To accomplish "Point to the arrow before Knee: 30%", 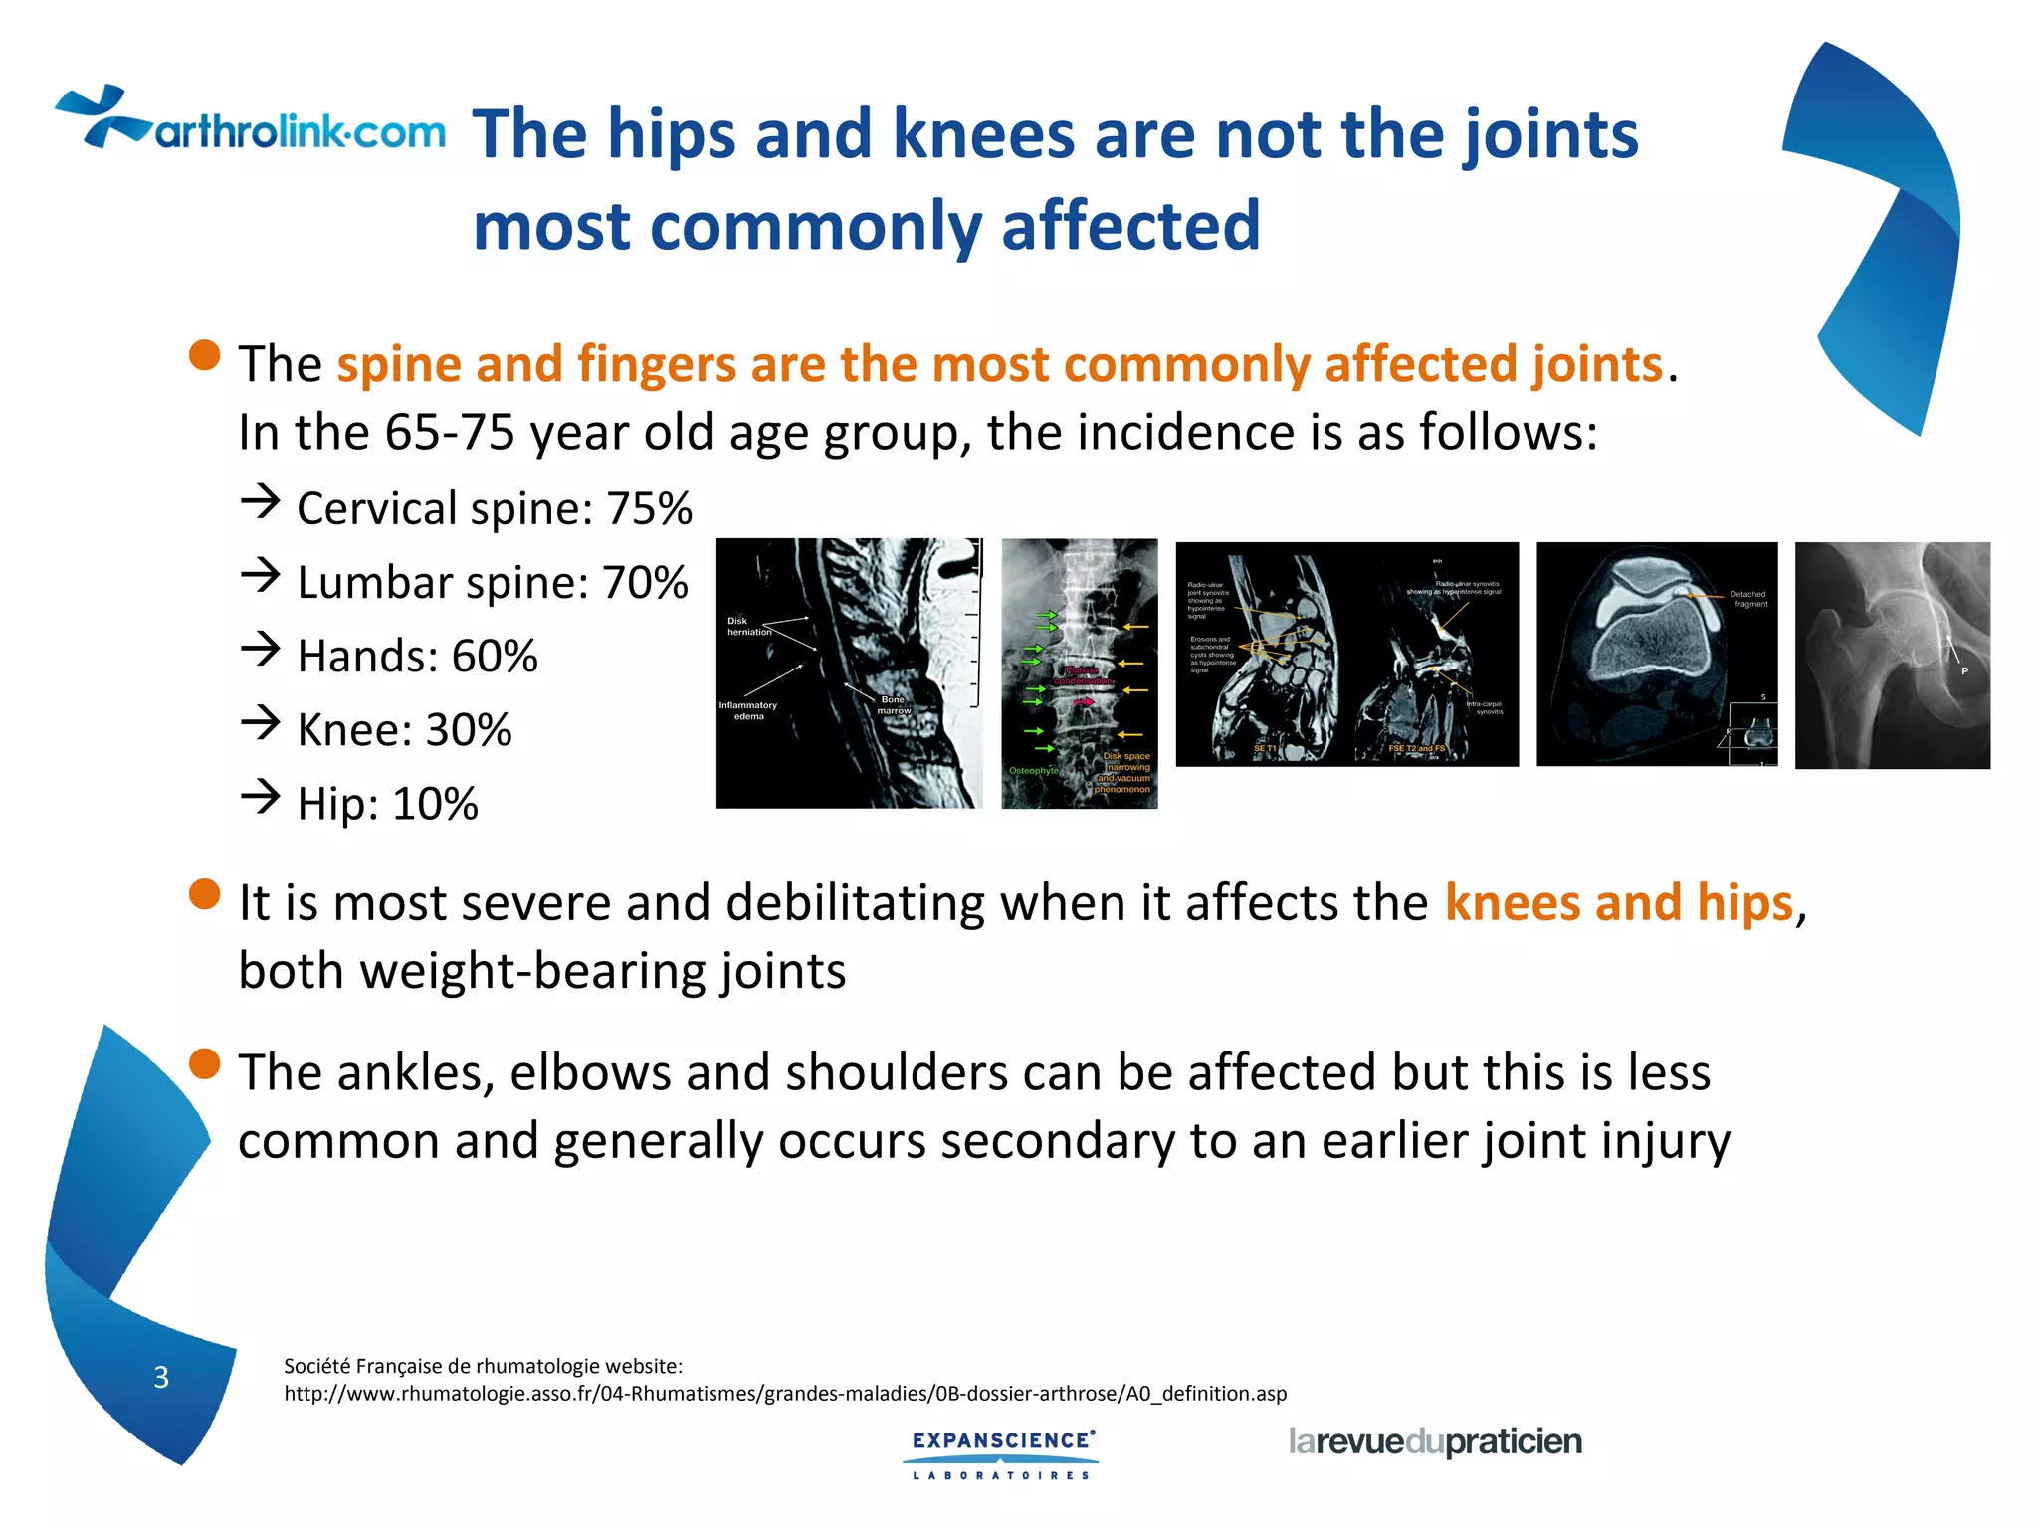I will click(261, 723).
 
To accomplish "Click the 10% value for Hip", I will click(435, 804).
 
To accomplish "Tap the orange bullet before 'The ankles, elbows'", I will click(204, 1063).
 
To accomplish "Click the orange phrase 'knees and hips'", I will click(1618, 903).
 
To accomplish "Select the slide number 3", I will click(161, 1377).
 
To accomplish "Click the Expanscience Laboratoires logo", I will click(1002, 1453).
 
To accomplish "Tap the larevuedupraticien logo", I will click(1434, 1441).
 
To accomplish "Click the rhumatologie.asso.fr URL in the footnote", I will click(784, 1394).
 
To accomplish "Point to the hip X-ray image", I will click(1892, 655).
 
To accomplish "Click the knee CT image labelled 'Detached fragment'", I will click(1656, 654).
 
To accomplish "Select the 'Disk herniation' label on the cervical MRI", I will click(748, 626).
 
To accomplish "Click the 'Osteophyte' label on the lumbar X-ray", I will click(1033, 771).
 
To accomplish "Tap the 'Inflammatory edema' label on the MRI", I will click(747, 710).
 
